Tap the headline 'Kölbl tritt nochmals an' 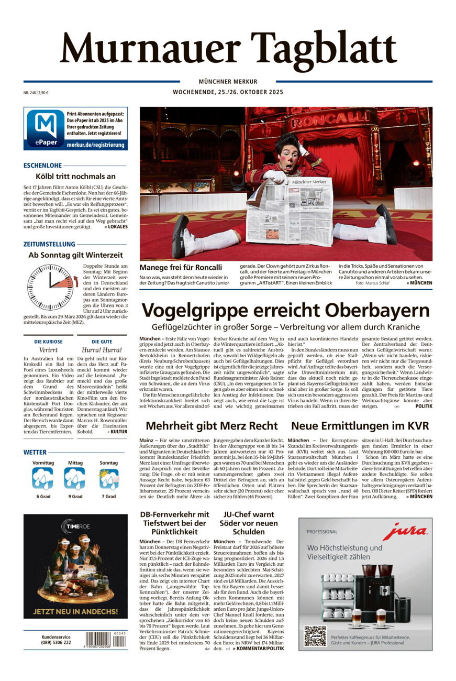click(x=75, y=177)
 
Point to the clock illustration click(x=50, y=287)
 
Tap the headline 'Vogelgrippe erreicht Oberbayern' click(x=285, y=311)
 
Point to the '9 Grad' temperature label click(x=74, y=496)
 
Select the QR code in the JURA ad click(x=315, y=636)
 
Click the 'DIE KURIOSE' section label click(x=48, y=342)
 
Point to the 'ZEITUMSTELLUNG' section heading click(x=49, y=244)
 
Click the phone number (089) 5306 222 click(x=56, y=643)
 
